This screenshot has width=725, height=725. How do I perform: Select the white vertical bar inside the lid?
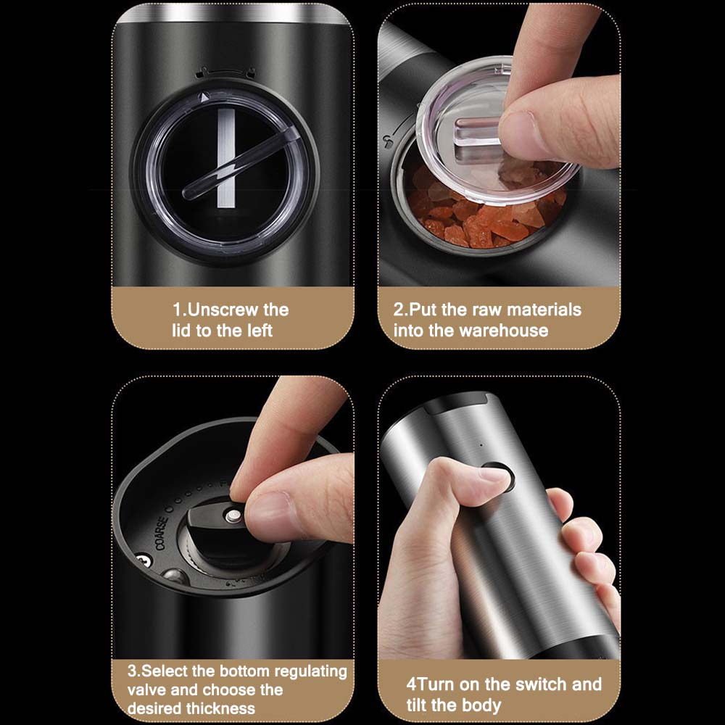(x=226, y=158)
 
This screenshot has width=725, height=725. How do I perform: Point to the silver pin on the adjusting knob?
(x=233, y=516)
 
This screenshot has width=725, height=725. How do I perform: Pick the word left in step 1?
(x=261, y=331)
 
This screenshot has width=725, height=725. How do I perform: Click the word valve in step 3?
(x=147, y=690)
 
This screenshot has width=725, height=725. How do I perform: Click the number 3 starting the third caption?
(x=132, y=671)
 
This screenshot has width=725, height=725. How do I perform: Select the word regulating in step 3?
(x=311, y=672)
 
